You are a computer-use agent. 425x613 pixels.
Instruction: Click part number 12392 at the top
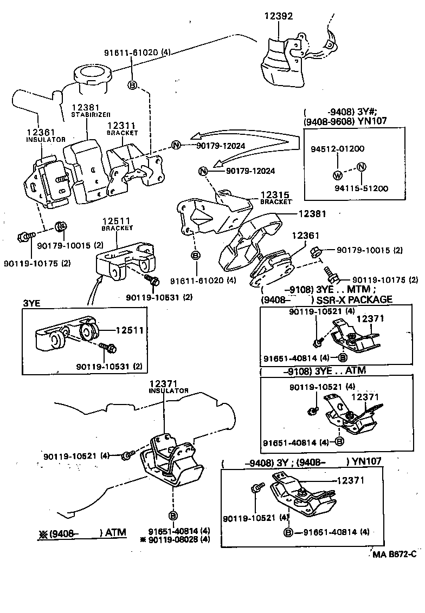point(279,16)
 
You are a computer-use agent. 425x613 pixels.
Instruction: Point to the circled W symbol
point(338,175)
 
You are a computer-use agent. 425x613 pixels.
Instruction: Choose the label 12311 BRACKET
point(122,128)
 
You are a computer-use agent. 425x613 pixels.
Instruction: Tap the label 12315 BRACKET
point(276,198)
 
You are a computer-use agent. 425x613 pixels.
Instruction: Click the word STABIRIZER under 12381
point(91,115)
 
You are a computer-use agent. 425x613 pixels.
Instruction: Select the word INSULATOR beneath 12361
point(46,140)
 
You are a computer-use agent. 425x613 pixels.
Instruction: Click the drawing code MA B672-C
point(394,554)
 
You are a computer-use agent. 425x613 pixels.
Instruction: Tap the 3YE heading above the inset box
point(31,303)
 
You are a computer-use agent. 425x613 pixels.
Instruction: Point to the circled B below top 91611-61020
point(132,84)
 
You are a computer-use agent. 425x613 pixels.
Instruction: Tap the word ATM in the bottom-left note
point(115,533)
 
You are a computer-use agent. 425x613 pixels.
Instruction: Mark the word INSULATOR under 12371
point(169,390)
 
